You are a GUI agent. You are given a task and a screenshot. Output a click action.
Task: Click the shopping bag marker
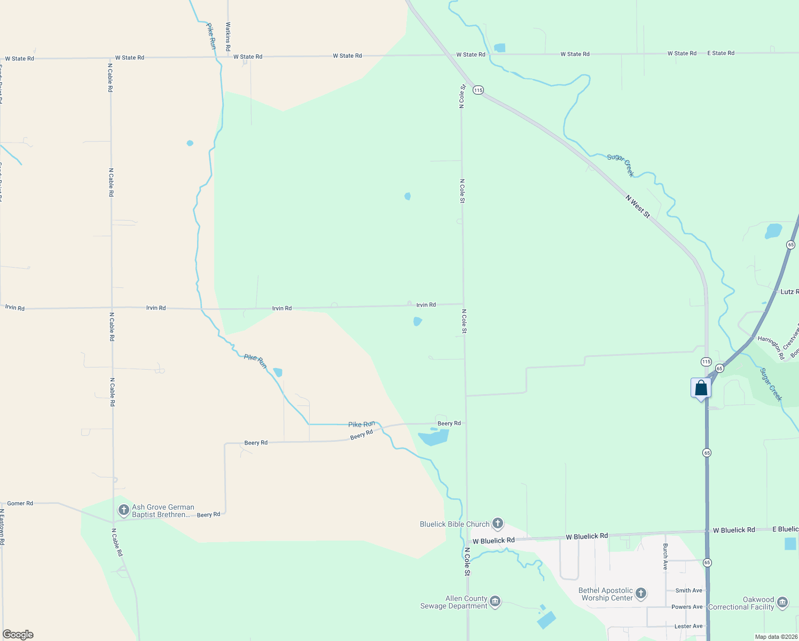pos(701,388)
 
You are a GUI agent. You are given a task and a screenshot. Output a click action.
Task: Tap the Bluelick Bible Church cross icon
pos(498,523)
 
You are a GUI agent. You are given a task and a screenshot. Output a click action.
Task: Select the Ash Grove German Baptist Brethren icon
pos(123,510)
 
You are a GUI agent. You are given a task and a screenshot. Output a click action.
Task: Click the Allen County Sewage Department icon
pos(495,602)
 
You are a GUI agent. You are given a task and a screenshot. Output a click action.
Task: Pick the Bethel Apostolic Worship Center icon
pos(641,593)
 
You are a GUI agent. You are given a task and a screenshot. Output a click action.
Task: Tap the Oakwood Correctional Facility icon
pos(782,603)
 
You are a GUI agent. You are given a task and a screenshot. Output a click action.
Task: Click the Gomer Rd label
pos(20,503)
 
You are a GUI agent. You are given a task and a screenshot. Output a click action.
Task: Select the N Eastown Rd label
pos(2,527)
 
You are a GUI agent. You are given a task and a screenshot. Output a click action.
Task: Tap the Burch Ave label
pos(665,557)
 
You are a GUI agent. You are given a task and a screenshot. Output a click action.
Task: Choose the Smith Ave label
pos(688,590)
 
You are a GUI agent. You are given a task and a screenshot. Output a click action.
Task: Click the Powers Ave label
pos(687,607)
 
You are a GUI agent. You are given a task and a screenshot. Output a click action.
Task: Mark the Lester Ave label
pos(688,626)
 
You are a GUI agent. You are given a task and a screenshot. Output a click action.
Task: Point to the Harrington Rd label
pos(771,347)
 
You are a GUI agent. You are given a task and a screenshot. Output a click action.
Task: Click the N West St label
pos(638,206)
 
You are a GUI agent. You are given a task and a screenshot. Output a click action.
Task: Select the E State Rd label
pos(720,53)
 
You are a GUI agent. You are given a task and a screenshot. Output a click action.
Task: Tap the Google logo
pos(18,635)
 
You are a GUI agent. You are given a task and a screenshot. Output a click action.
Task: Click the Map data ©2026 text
pos(776,637)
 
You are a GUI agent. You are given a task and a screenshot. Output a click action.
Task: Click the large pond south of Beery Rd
pos(434,438)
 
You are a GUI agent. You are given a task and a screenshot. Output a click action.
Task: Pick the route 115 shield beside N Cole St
pos(478,90)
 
